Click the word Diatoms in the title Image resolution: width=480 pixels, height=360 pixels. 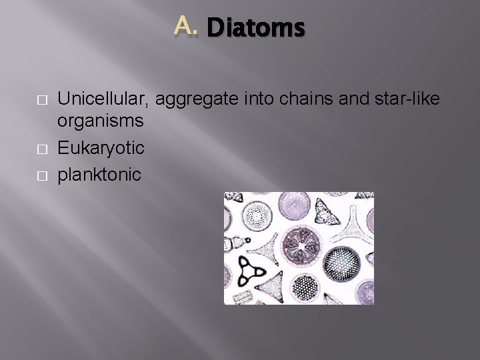tap(256, 29)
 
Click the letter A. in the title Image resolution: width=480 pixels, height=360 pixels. tap(187, 27)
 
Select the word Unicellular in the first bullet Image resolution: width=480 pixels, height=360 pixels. tap(104, 99)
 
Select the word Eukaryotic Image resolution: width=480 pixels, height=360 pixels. tap(101, 147)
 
